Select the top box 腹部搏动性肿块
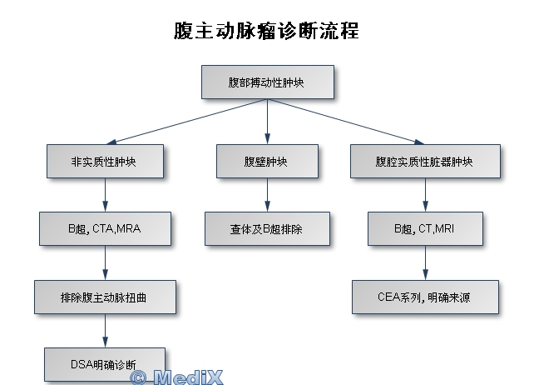[267, 82]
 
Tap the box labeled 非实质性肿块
[104, 161]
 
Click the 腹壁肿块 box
[267, 161]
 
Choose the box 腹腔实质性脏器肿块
[425, 161]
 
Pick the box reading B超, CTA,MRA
[105, 228]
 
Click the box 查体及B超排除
[267, 228]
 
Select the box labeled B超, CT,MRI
[425, 228]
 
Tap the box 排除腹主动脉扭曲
[105, 296]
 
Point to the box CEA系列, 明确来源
[425, 296]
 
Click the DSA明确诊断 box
[104, 363]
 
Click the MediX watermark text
[176, 377]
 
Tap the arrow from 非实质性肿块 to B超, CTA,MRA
[105, 195]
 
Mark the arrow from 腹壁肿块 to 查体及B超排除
[267, 195]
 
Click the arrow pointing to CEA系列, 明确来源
[425, 262]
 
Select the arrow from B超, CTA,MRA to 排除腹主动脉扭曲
[105, 262]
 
